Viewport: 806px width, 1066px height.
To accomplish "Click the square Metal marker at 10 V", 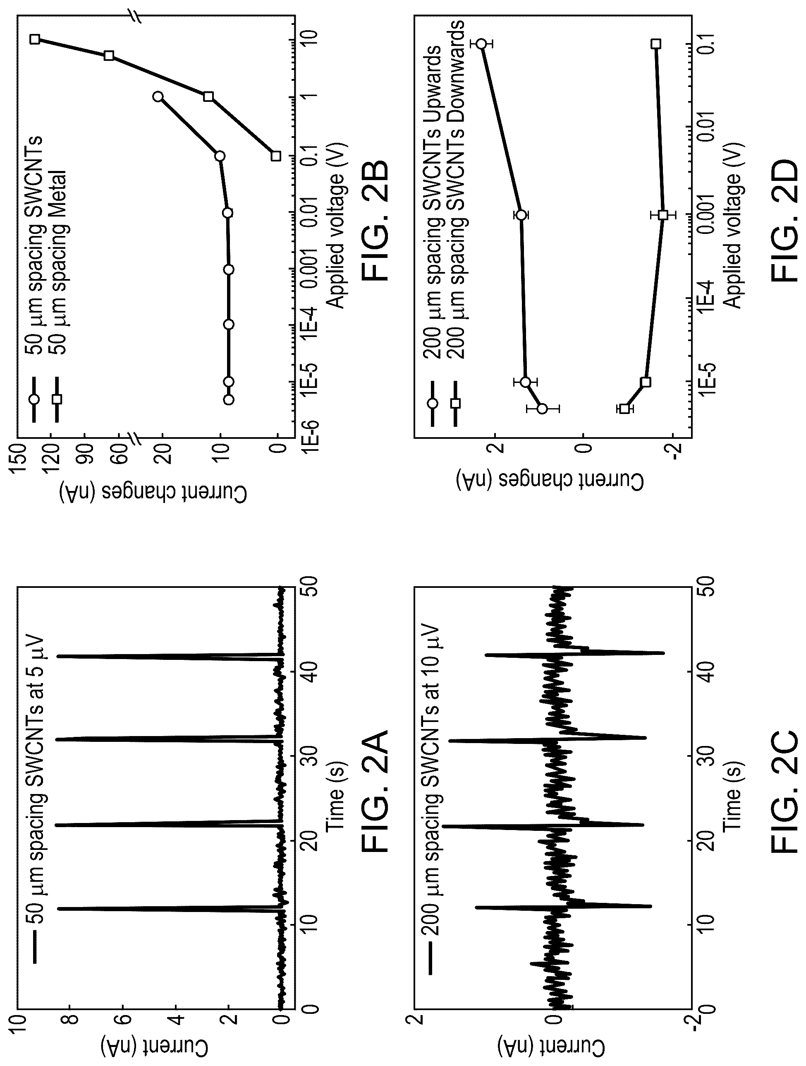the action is pos(35,39).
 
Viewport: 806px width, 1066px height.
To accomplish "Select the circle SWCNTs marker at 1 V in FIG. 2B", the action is pos(158,96).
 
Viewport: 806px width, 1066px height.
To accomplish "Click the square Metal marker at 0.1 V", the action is pos(275,156).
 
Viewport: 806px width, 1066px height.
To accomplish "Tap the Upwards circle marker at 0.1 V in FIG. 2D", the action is pos(481,44).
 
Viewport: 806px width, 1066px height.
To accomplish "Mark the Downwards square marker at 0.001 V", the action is pos(663,215).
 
